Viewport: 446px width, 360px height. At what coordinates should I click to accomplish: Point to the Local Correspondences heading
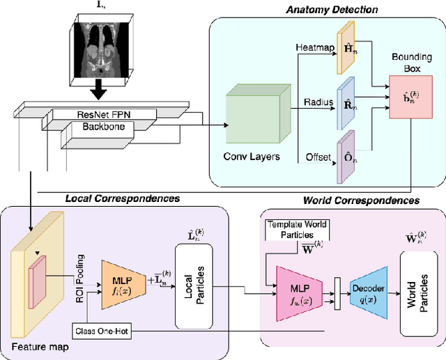click(123, 198)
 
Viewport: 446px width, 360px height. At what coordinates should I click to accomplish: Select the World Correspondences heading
click(361, 201)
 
